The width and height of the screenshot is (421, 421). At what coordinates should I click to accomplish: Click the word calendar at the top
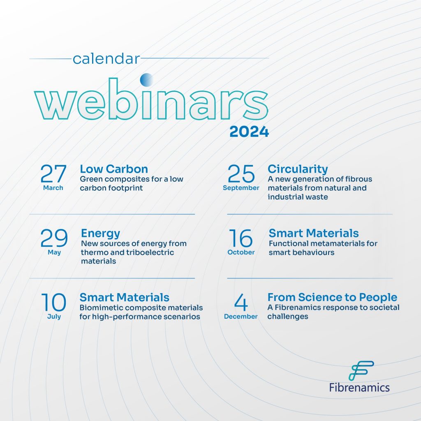pos(106,58)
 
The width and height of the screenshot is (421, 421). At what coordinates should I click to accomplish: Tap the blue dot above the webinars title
pos(147,80)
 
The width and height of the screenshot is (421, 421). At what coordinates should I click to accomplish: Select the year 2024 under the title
pos(249,132)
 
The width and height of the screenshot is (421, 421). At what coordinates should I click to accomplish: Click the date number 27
pos(53,173)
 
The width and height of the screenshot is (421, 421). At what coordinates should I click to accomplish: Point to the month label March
pos(53,187)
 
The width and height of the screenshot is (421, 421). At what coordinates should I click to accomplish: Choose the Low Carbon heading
pos(114,169)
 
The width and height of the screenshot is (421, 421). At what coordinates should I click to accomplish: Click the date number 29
pos(54,238)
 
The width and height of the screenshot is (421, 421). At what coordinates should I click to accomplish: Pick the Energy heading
pos(100,234)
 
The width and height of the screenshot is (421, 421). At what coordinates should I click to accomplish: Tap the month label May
pos(54,252)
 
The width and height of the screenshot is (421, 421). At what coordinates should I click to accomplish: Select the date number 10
pos(54,302)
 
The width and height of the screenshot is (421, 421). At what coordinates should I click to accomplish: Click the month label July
pos(54,317)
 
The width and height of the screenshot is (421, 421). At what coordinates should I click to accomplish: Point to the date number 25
pos(241,173)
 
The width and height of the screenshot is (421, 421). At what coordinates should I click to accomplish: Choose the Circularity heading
pos(298,169)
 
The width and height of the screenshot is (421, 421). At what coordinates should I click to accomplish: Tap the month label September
pos(241,188)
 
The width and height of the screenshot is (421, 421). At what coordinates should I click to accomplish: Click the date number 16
pos(241,238)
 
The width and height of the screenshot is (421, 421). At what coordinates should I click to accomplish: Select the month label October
pos(241,252)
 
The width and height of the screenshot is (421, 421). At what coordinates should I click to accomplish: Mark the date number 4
pos(241,302)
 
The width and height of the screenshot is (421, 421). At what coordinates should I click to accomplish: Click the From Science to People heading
pos(332,297)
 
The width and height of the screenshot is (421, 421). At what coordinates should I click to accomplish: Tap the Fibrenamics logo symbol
pos(361,370)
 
